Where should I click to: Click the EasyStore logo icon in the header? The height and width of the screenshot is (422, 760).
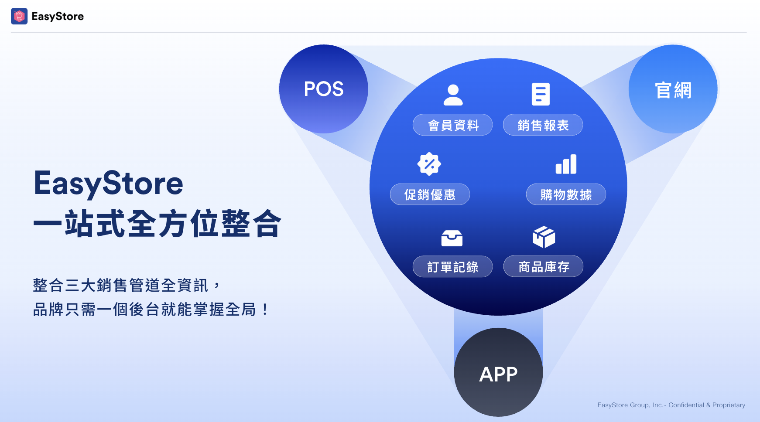[19, 16]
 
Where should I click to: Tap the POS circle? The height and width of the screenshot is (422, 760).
[324, 89]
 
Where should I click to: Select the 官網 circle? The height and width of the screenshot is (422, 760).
[673, 89]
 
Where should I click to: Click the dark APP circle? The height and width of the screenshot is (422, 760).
[498, 372]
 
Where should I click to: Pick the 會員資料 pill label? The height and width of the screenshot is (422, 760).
[453, 125]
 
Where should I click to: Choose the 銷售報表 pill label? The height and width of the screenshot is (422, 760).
[543, 125]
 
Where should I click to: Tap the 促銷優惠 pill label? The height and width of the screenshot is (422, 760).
[430, 194]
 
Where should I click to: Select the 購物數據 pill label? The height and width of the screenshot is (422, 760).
[566, 194]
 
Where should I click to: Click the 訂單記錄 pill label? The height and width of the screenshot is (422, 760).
[453, 267]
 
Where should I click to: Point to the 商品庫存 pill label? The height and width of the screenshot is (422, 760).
[544, 266]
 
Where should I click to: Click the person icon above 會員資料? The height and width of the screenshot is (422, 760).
[453, 95]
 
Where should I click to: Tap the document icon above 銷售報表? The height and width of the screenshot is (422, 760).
[541, 94]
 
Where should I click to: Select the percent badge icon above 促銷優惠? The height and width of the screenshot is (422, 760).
[429, 164]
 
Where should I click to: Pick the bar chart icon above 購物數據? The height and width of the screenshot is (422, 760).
[566, 164]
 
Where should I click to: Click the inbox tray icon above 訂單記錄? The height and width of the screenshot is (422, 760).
[452, 238]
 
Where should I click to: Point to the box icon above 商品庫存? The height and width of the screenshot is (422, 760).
[544, 237]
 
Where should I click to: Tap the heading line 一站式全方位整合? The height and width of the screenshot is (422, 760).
[157, 224]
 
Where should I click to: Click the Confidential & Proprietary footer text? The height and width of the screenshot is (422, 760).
[707, 405]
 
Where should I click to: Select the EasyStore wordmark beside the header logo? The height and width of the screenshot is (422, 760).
[58, 17]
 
